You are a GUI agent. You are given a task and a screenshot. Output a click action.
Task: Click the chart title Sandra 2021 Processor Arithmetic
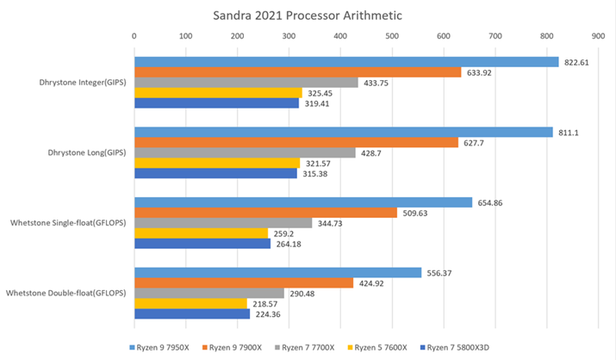307,15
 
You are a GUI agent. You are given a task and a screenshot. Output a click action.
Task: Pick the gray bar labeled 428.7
244,152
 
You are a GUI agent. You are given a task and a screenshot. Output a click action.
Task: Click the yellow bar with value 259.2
201,233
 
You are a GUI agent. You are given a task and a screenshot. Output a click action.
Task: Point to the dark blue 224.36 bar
191,313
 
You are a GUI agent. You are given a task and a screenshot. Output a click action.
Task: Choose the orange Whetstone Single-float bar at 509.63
265,213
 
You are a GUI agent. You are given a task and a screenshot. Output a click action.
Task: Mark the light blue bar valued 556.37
277,273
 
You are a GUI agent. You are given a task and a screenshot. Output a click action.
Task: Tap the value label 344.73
330,223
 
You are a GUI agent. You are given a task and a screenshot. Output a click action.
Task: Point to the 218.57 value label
266,303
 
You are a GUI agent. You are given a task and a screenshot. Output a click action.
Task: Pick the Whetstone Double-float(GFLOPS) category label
66,293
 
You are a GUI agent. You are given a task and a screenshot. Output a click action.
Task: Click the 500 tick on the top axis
392,36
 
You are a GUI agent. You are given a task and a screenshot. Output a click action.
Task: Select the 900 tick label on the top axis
598,36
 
